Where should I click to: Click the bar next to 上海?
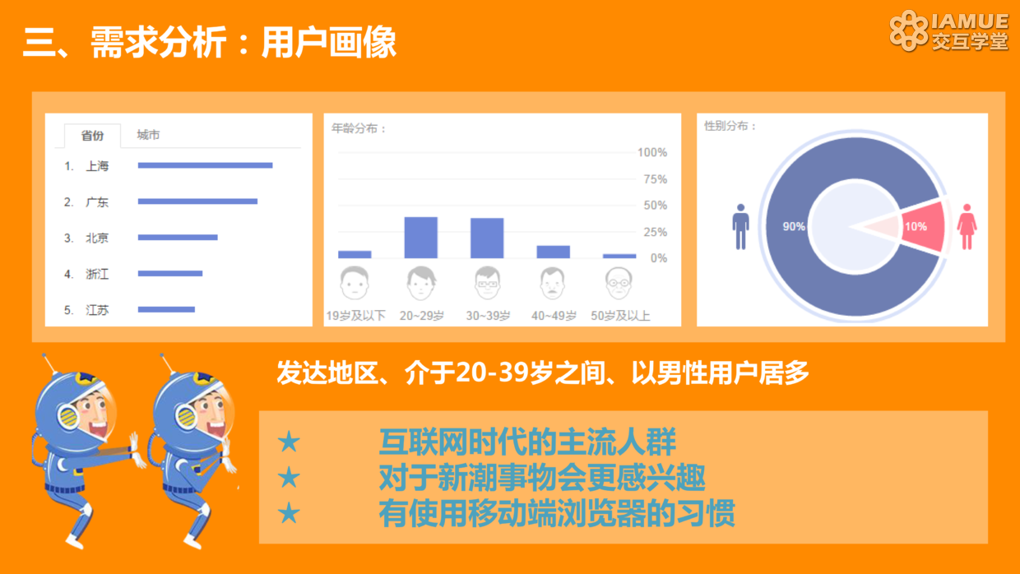click(x=206, y=165)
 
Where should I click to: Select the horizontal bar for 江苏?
click(x=166, y=309)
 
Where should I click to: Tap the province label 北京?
click(x=97, y=238)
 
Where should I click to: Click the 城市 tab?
click(x=148, y=135)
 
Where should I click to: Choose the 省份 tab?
click(x=92, y=136)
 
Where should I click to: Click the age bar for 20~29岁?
click(x=421, y=238)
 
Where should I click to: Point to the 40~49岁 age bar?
click(x=554, y=252)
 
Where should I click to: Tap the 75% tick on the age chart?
click(x=656, y=179)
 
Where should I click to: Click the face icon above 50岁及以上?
click(x=619, y=283)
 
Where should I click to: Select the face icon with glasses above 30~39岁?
click(x=487, y=283)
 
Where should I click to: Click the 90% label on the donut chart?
click(x=794, y=227)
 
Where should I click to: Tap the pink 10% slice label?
click(x=916, y=227)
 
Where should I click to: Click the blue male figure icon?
click(x=741, y=227)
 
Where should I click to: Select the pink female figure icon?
click(x=967, y=227)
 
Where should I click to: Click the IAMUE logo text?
click(x=970, y=21)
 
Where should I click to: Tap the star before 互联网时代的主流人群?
click(x=289, y=442)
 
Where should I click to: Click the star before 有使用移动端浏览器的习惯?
click(x=289, y=513)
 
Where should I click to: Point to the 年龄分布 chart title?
click(x=359, y=129)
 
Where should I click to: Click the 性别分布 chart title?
click(x=730, y=126)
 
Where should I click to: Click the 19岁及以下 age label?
click(x=355, y=316)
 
